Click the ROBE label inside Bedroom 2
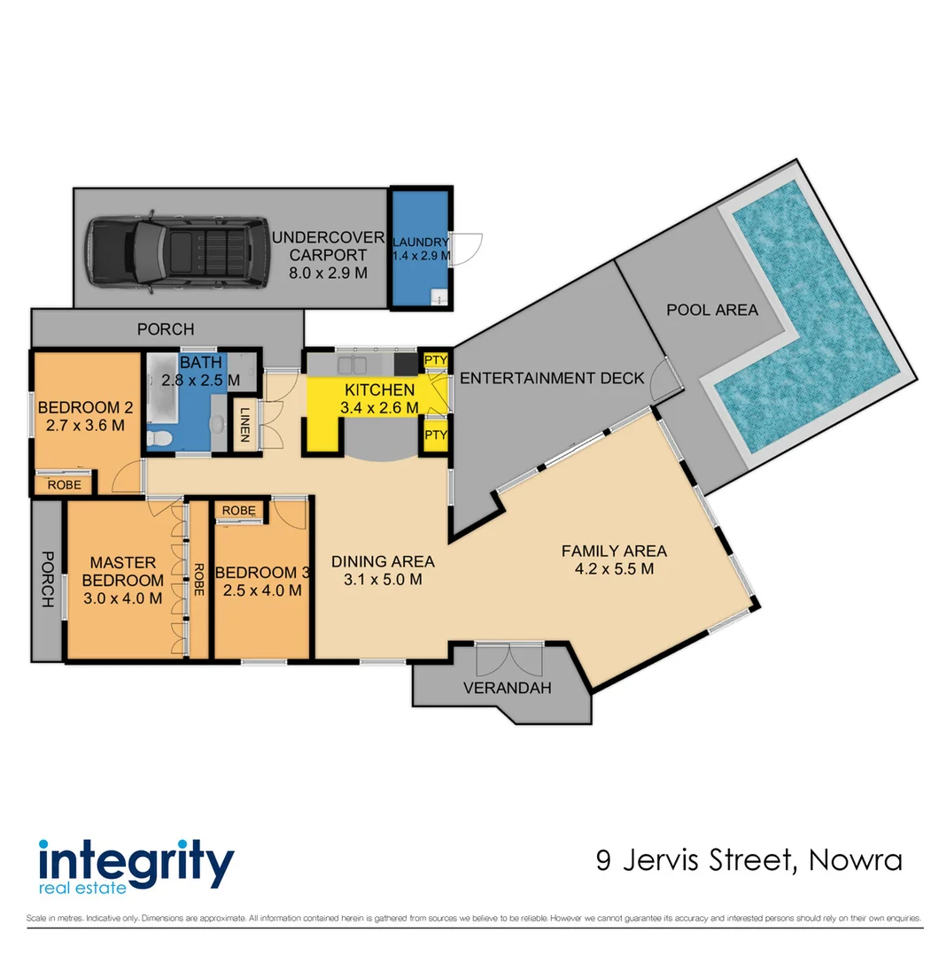[x=65, y=484]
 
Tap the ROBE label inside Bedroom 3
[x=239, y=511]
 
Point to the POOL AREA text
[x=712, y=310]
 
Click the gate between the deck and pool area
[x=664, y=381]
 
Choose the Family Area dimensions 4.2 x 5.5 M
[x=614, y=568]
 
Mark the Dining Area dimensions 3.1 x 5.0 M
[x=383, y=580]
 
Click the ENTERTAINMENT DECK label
[x=552, y=378]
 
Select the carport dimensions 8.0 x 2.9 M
[x=327, y=274]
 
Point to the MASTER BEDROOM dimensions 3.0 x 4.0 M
[x=123, y=597]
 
